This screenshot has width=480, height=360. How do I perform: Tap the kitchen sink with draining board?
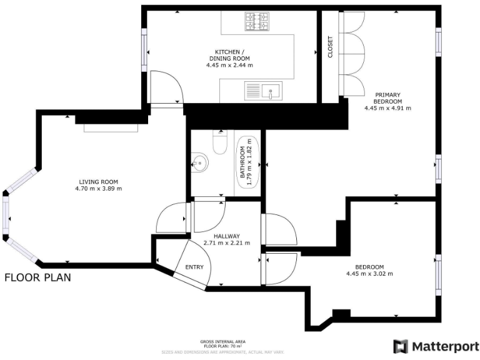[x=264, y=91]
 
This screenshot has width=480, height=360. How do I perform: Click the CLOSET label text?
[x=331, y=47]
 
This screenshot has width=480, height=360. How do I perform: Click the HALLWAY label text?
[x=226, y=236]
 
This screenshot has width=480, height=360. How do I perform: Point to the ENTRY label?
[x=194, y=267]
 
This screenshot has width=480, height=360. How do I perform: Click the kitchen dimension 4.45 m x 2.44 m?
[x=229, y=64]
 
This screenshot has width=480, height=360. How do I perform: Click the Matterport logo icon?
[x=400, y=346]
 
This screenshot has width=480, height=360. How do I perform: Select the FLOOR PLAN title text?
[x=37, y=277]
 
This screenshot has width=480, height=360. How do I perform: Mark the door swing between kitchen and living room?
[x=166, y=87]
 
